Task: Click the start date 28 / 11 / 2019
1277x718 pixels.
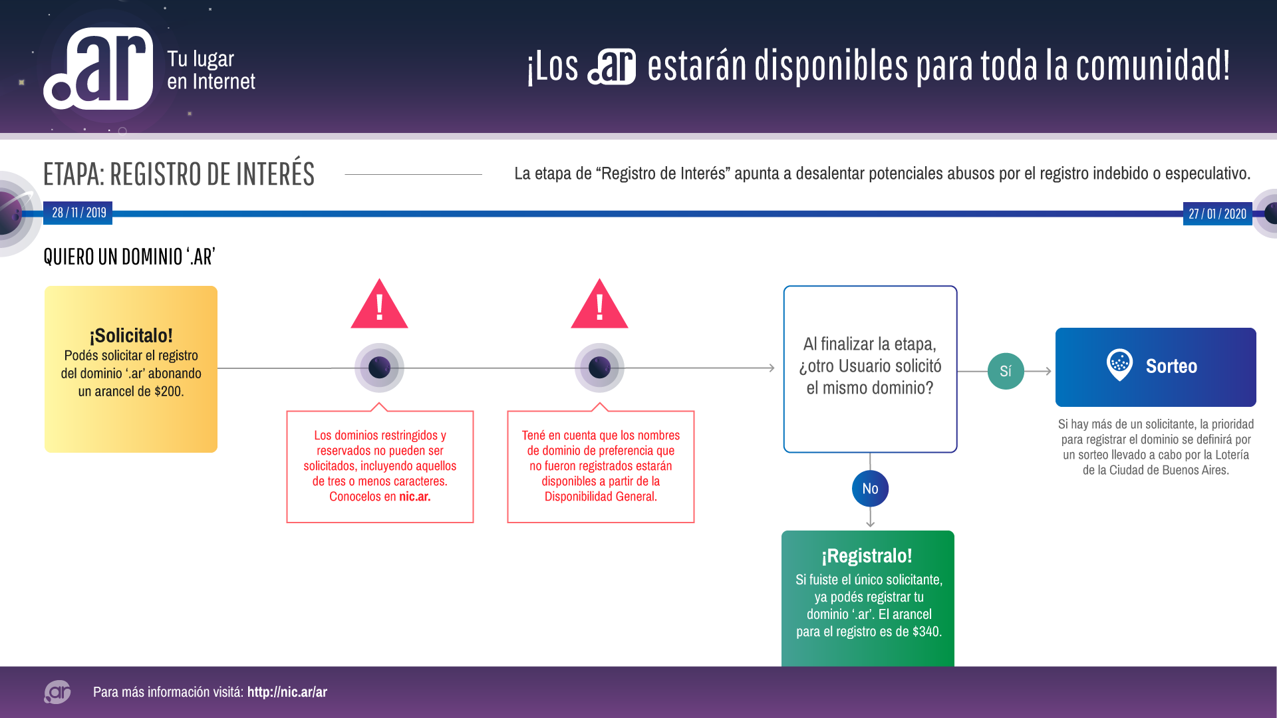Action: coord(78,213)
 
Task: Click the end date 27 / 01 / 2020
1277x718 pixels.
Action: coord(1217,213)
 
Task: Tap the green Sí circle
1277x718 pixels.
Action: coord(1005,371)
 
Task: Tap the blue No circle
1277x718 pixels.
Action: coord(870,489)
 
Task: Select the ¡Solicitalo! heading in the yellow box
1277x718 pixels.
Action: coord(131,335)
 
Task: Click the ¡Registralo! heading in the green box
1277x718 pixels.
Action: coord(867,555)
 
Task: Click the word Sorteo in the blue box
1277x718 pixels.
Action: coord(1171,366)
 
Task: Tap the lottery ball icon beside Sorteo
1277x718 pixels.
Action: coord(1119,364)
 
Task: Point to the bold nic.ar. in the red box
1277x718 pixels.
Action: coord(414,497)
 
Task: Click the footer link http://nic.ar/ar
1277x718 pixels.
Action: coord(287,692)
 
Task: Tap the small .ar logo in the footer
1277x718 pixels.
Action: coord(57,692)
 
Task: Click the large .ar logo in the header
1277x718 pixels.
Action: coord(98,68)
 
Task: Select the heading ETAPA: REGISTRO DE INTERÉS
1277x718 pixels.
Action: coord(178,174)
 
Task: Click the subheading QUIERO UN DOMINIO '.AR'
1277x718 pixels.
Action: coord(129,257)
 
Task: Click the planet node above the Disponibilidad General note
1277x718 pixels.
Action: coord(599,368)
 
